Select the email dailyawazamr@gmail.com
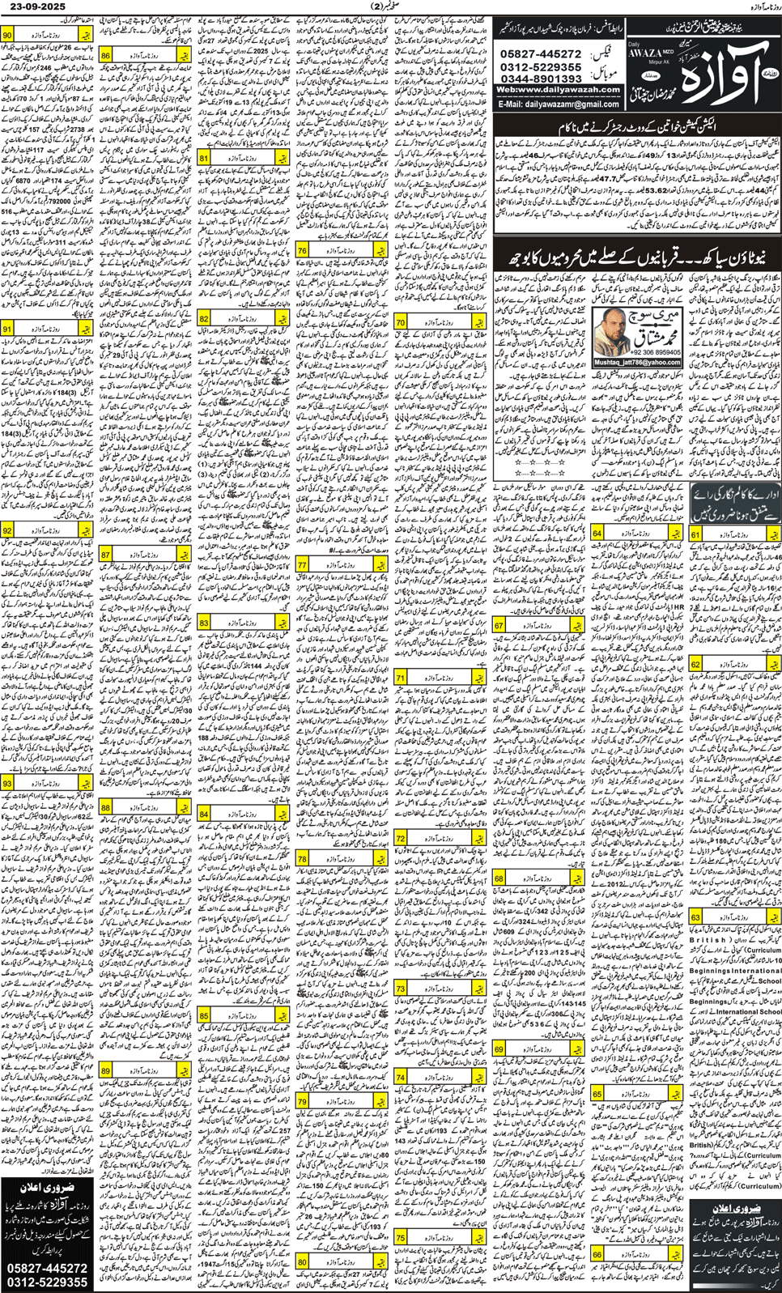[x=559, y=104]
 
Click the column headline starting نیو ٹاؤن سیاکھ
[x=637, y=258]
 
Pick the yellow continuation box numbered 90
[x=47, y=36]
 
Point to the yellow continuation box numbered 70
[x=440, y=322]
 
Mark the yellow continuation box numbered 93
[x=47, y=784]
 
